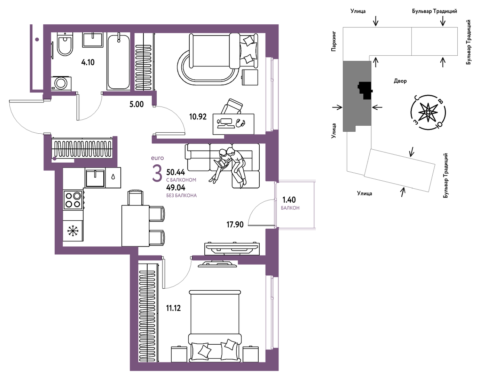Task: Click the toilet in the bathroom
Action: coord(65,44)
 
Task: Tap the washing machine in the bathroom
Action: coord(61,83)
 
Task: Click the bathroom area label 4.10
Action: coord(88,62)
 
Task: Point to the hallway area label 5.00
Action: coord(136,104)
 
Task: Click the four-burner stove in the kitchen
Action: coord(73,200)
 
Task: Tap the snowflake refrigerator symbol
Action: coord(72,231)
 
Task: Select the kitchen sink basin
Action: coord(95,178)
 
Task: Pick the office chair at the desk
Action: coord(232,106)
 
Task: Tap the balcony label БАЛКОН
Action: coord(290,208)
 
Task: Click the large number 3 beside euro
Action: coord(157,173)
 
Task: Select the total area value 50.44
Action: coord(176,172)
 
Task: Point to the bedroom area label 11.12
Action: coord(173,308)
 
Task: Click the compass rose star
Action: coord(428,112)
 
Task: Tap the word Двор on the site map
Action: coord(400,81)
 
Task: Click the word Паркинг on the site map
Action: coord(334,41)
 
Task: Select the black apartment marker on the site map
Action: coord(365,91)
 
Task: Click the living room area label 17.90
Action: coord(235,225)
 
